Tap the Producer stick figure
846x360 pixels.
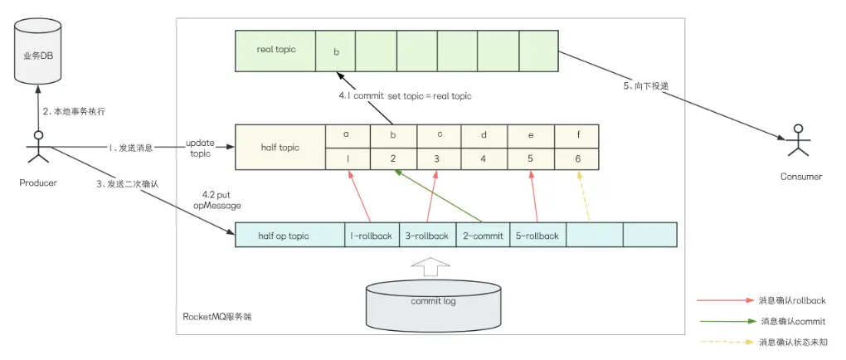click(37, 146)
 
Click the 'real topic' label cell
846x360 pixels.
click(276, 51)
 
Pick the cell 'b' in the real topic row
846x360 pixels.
click(335, 51)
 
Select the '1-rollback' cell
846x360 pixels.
click(372, 236)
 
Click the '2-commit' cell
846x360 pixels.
click(483, 236)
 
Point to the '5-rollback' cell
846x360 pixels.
click(537, 236)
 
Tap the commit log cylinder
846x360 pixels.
click(432, 302)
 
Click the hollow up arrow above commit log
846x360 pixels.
click(431, 264)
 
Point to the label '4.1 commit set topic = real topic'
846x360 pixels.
click(404, 96)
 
